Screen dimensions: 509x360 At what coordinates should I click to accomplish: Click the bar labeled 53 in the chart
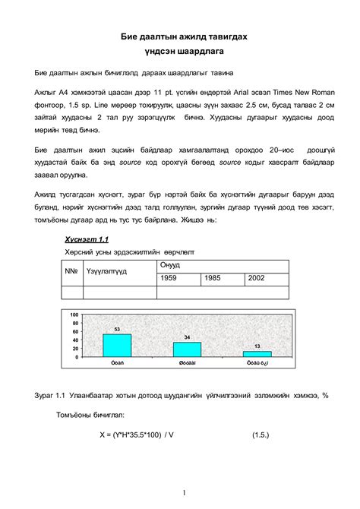(117, 345)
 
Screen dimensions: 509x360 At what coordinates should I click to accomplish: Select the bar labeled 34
(187, 349)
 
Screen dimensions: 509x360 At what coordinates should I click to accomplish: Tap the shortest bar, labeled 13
(257, 353)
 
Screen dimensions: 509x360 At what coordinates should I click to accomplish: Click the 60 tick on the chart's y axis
(75, 331)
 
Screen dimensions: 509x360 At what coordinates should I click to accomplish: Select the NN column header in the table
(71, 271)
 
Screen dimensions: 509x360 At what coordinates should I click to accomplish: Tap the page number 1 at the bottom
(185, 492)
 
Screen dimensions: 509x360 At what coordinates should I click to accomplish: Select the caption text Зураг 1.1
(52, 396)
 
